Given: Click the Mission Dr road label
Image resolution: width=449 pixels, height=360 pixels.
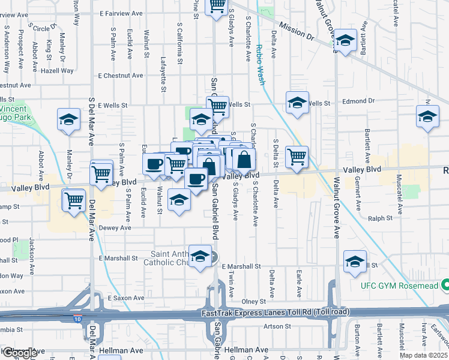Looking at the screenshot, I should click(x=297, y=32).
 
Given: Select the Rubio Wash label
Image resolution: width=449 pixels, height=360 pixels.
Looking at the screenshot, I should click(x=261, y=64).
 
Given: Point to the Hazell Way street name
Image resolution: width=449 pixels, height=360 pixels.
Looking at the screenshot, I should click(x=58, y=71).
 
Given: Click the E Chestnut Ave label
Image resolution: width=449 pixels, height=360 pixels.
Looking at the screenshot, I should click(x=121, y=76).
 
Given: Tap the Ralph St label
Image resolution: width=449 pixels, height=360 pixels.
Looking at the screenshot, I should click(x=380, y=218).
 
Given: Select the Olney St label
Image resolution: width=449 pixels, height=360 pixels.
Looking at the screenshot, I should click(x=253, y=301).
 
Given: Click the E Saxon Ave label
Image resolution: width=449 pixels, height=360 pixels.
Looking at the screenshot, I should click(x=126, y=298).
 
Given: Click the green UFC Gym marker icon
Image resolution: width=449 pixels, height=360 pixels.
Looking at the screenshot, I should click(x=445, y=284).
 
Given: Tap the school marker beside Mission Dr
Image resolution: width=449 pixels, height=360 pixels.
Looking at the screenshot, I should click(x=345, y=40).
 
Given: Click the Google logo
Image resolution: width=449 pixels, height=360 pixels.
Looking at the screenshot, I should click(x=19, y=353).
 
